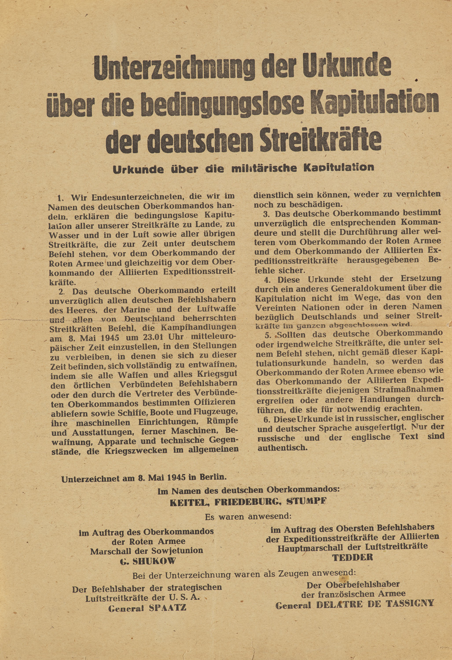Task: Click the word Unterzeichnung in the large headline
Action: pyautogui.click(x=174, y=67)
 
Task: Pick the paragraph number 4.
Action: pyautogui.click(x=267, y=279)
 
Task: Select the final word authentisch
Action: pyautogui.click(x=282, y=448)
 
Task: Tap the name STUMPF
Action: pyautogui.click(x=306, y=502)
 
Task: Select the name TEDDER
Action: pyautogui.click(x=353, y=557)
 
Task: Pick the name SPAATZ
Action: pyautogui.click(x=168, y=608)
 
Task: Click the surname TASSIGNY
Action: pyautogui.click(x=410, y=604)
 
